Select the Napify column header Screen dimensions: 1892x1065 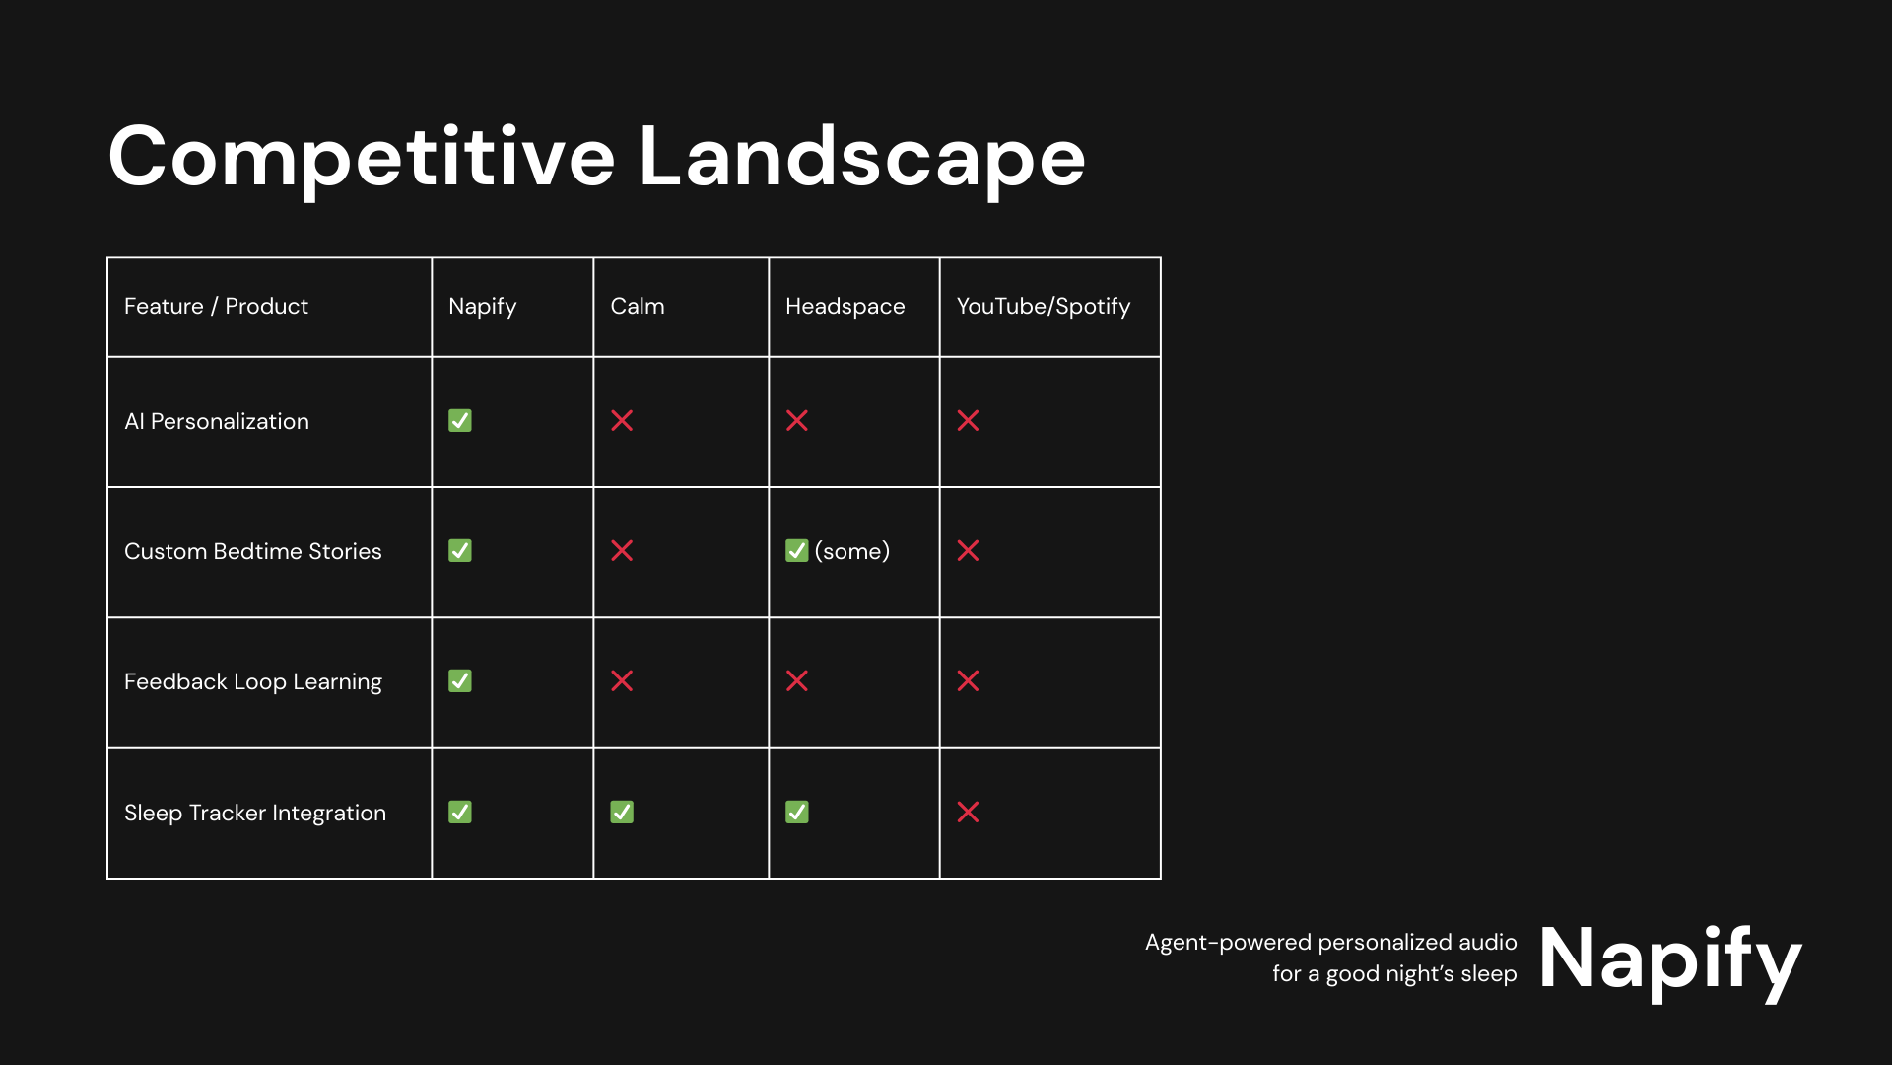(482, 307)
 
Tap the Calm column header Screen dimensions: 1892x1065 (638, 306)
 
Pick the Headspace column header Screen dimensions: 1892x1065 (845, 307)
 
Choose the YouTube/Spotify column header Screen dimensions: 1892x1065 (1044, 307)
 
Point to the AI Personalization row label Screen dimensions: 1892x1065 (217, 421)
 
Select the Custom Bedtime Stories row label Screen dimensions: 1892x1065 (252, 551)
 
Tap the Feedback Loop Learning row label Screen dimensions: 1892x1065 (252, 681)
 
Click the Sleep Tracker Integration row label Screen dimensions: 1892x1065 (255, 813)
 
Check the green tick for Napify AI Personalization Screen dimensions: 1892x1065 (460, 421)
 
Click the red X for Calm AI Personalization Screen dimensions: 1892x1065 (622, 421)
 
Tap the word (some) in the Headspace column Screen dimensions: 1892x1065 (852, 551)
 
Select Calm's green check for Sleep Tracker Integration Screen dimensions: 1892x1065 (622, 812)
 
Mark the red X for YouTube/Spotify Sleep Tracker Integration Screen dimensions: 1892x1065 (968, 812)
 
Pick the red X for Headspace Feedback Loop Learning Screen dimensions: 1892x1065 (797, 680)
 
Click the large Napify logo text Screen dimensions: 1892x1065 (1670, 960)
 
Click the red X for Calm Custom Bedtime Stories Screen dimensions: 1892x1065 (622, 550)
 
